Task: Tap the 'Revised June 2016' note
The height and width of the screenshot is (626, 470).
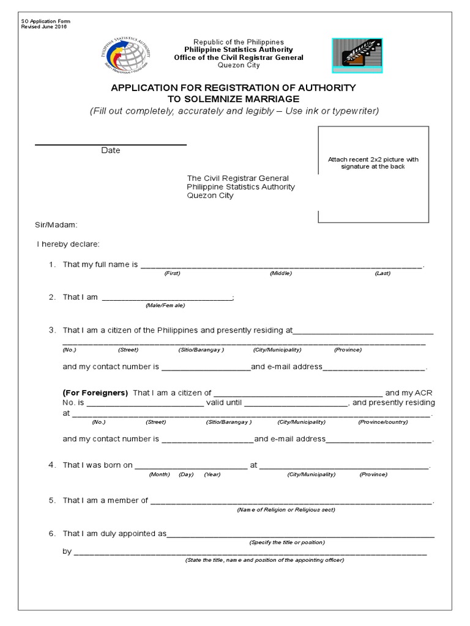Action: point(45,27)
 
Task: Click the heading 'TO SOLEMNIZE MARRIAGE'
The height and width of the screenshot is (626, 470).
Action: point(233,99)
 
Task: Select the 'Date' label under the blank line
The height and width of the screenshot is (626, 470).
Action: point(111,150)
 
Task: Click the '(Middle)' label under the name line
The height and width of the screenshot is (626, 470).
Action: point(281,273)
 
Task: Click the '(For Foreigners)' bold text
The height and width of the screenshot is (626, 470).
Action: point(95,392)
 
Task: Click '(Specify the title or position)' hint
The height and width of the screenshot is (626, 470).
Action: point(287,542)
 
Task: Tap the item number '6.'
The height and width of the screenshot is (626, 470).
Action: point(52,534)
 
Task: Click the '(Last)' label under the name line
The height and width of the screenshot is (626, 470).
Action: point(382,273)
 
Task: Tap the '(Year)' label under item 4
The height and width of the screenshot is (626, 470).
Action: point(212,474)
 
